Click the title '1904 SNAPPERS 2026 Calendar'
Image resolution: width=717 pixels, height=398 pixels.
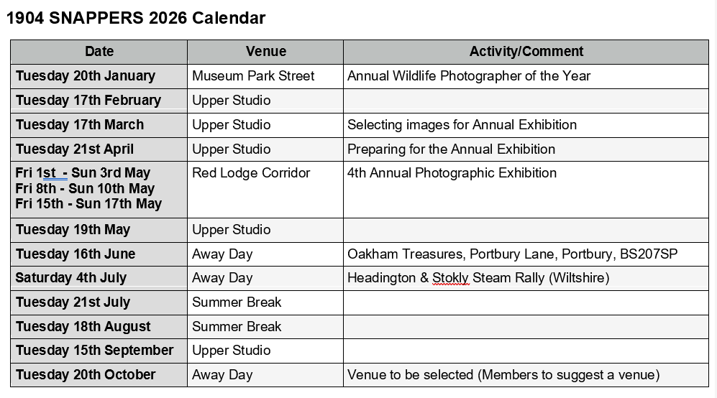[x=136, y=18]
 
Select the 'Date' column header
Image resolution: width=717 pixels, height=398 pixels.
[x=99, y=52]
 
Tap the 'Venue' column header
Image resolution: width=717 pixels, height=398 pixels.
[x=265, y=52]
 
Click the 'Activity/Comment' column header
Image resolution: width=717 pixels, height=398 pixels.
[x=526, y=52]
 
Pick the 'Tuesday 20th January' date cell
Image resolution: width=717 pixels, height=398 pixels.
[x=86, y=76]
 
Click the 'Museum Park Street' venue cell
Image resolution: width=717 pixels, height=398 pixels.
[x=253, y=76]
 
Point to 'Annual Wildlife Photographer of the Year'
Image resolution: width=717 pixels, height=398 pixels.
[x=469, y=76]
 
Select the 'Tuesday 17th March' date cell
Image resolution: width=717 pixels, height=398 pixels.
[x=80, y=125]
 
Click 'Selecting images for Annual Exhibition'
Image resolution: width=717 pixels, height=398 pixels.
[x=462, y=125]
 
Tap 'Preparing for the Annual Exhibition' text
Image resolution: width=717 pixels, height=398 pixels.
[x=451, y=149]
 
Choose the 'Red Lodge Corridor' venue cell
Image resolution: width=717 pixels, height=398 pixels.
[x=251, y=173]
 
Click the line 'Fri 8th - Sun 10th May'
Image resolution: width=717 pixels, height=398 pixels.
[x=85, y=189]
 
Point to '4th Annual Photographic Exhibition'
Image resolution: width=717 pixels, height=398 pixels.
[x=452, y=173]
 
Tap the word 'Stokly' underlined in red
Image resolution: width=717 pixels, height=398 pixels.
[x=450, y=278]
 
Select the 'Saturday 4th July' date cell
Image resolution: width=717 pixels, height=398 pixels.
[x=71, y=278]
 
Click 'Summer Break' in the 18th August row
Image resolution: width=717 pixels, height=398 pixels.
[x=237, y=327]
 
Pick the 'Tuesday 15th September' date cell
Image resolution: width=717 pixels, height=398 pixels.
[x=95, y=351]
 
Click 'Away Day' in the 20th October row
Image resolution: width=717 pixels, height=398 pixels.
[x=222, y=375]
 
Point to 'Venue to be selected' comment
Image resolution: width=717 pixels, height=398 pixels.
[x=410, y=375]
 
